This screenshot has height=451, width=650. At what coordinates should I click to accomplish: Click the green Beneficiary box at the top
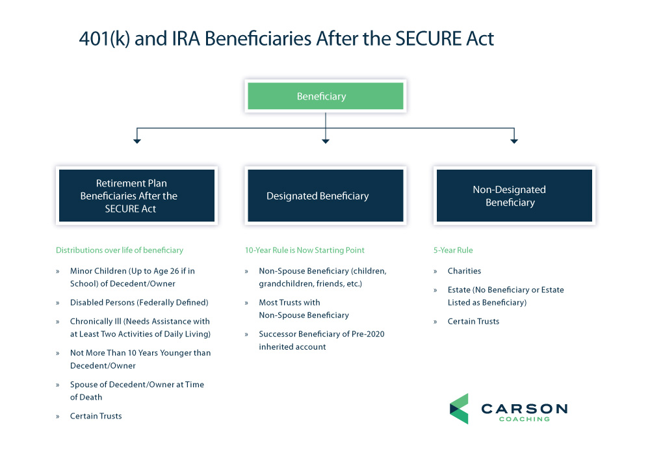click(x=325, y=96)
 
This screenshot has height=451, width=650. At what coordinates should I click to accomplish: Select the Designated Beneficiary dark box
click(x=324, y=196)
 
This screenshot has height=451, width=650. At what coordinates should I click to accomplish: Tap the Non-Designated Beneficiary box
click(x=513, y=196)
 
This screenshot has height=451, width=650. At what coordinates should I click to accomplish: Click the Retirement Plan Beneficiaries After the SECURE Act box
click(x=136, y=196)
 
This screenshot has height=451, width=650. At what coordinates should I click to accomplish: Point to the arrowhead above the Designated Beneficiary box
click(x=326, y=140)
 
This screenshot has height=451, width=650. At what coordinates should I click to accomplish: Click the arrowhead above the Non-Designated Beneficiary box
click(x=513, y=140)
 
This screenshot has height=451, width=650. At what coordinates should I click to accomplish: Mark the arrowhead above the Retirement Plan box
click(x=136, y=140)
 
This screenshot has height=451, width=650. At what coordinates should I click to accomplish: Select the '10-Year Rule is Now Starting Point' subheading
click(x=304, y=250)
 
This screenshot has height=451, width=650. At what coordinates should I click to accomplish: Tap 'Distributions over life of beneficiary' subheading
click(x=120, y=250)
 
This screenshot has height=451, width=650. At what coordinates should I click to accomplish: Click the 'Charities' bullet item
click(x=464, y=271)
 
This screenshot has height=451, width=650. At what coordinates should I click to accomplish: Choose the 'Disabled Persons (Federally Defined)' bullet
click(x=139, y=303)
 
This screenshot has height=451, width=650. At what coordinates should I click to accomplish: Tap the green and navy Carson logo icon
click(x=459, y=409)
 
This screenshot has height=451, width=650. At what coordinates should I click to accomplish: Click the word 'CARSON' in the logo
click(x=524, y=409)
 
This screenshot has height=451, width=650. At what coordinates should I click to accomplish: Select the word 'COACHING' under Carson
click(x=524, y=419)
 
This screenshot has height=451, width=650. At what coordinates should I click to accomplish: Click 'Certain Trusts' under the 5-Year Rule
click(x=473, y=322)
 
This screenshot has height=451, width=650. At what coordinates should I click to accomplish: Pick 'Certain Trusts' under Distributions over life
click(x=96, y=416)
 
